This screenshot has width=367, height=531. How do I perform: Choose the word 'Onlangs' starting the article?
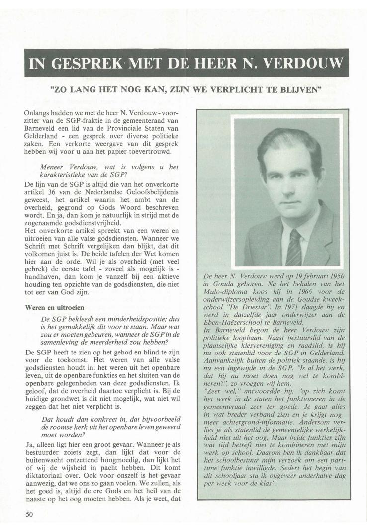click(38, 114)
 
